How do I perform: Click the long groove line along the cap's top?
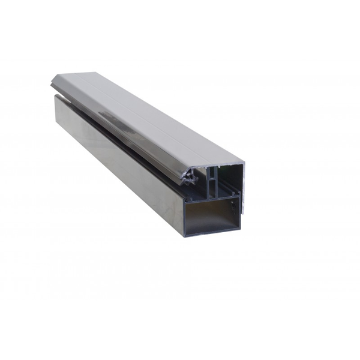[x=150, y=114]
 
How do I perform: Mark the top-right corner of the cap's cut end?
[x=244, y=162]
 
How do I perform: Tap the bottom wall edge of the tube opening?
[x=210, y=234]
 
